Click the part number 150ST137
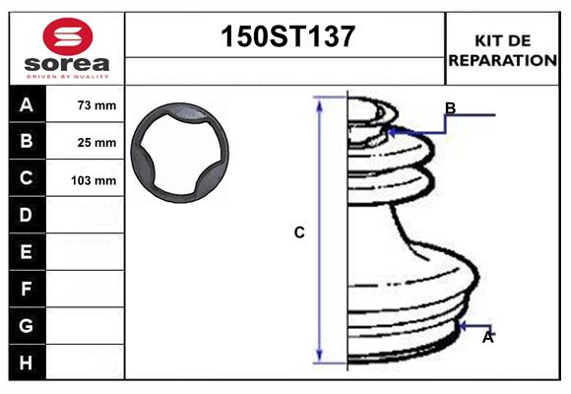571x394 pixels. pyautogui.click(x=285, y=36)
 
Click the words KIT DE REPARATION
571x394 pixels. pyautogui.click(x=503, y=49)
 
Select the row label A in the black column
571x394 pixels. pyautogui.click(x=27, y=104)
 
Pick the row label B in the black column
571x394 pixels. pyautogui.click(x=27, y=141)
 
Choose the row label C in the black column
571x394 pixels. pyautogui.click(x=27, y=178)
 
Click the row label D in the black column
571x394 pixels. pyautogui.click(x=27, y=215)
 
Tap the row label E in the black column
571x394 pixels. pyautogui.click(x=27, y=252)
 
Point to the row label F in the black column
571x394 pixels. pyautogui.click(x=27, y=289)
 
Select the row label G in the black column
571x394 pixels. pyautogui.click(x=27, y=325)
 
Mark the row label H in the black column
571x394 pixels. pyautogui.click(x=27, y=362)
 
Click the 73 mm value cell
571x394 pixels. pyautogui.click(x=96, y=105)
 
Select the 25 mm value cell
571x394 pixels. pyautogui.click(x=96, y=143)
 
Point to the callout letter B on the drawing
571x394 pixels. pyautogui.click(x=450, y=107)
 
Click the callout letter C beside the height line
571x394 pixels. pyautogui.click(x=299, y=233)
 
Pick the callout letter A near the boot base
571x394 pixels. pyautogui.click(x=487, y=337)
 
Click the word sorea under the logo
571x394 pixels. pyautogui.click(x=67, y=65)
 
